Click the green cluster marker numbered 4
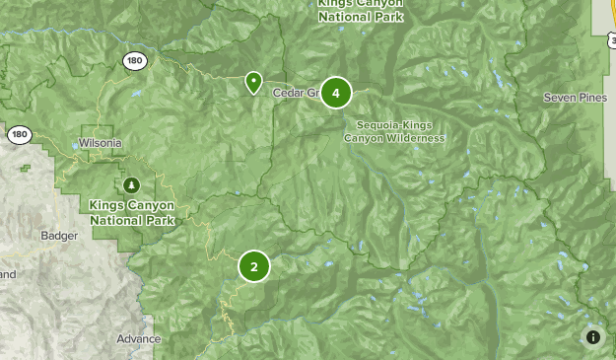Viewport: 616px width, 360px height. pyautogui.click(x=335, y=93)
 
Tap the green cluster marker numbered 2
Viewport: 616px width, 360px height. pyautogui.click(x=253, y=266)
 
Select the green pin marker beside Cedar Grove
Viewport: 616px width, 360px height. pyautogui.click(x=253, y=83)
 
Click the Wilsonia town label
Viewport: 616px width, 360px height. pyautogui.click(x=101, y=143)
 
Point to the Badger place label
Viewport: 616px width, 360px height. pyautogui.click(x=59, y=236)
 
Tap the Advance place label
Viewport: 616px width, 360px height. pyautogui.click(x=138, y=339)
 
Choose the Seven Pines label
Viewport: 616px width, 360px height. pyautogui.click(x=575, y=98)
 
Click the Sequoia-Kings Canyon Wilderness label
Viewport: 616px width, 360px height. pyautogui.click(x=394, y=131)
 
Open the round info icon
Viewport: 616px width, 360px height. pyautogui.click(x=593, y=337)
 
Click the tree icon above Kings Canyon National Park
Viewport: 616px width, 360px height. pyautogui.click(x=132, y=184)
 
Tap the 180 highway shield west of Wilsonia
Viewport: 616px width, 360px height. pyautogui.click(x=19, y=134)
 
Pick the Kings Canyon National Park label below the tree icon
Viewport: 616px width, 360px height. pyautogui.click(x=132, y=212)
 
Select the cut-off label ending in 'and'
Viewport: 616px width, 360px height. pyautogui.click(x=8, y=274)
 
